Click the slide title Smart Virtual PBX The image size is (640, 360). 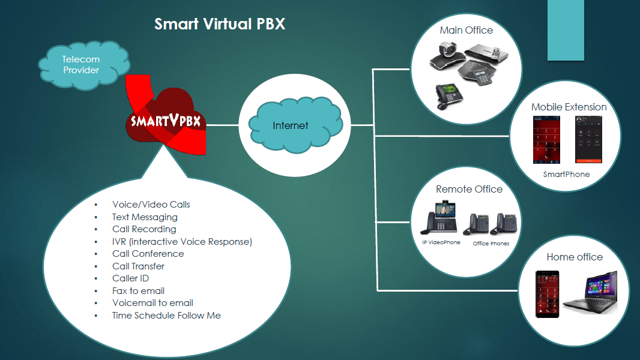coord(220,25)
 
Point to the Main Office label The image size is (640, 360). coord(466,30)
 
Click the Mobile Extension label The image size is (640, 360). coord(569,107)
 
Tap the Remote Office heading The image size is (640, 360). coord(469,189)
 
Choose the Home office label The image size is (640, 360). coord(574,257)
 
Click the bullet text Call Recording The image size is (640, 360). coord(144,229)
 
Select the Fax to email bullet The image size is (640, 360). coord(138,291)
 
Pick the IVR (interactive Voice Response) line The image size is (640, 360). coord(182,242)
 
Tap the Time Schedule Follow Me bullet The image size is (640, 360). coord(166,316)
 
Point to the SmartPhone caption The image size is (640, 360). coord(566,175)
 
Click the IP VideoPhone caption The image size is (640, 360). coord(441,243)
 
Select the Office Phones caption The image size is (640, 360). coord(491,244)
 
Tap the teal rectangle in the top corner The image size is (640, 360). coord(566,30)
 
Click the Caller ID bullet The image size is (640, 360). coord(130,278)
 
